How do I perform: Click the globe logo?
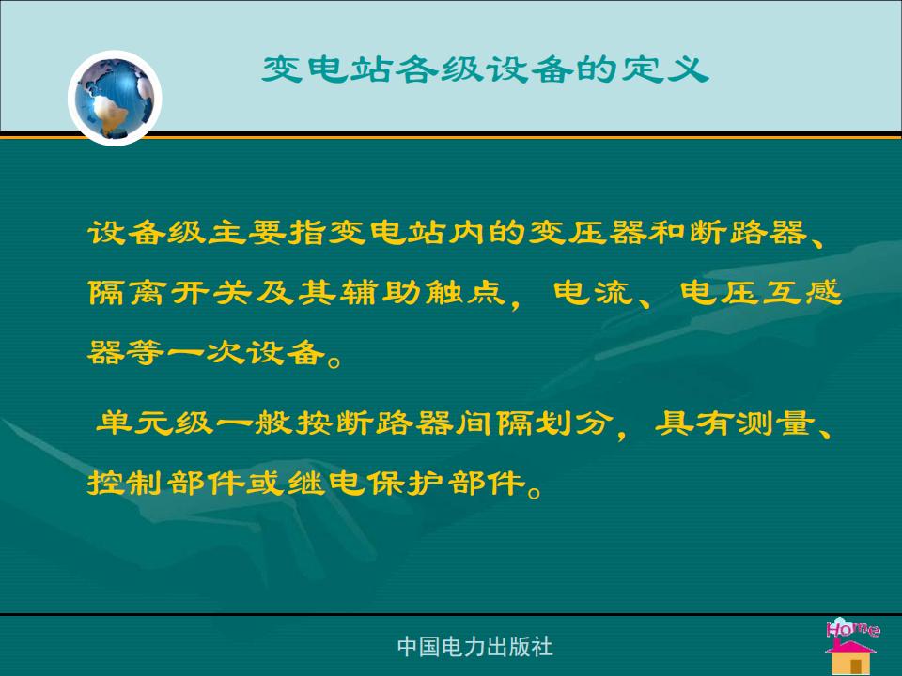[115, 98]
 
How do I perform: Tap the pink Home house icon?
[852, 646]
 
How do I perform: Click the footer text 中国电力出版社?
[475, 647]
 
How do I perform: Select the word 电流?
[593, 292]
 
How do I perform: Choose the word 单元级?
[154, 423]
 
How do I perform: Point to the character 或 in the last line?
[266, 483]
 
